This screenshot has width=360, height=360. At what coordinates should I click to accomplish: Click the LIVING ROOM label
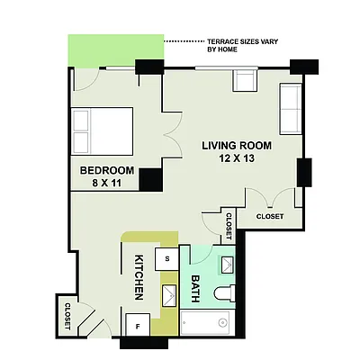237,146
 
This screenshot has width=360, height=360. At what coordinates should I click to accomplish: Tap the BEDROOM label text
107,171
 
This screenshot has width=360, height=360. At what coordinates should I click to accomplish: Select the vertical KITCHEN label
139,276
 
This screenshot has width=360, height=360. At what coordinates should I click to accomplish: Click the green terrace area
115,51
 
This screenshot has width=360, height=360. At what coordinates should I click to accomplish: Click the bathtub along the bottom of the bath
208,321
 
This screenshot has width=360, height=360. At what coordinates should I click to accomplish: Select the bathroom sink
227,263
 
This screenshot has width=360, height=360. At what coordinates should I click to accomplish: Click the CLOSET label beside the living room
270,216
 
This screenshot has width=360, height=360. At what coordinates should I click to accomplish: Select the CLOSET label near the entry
68,314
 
